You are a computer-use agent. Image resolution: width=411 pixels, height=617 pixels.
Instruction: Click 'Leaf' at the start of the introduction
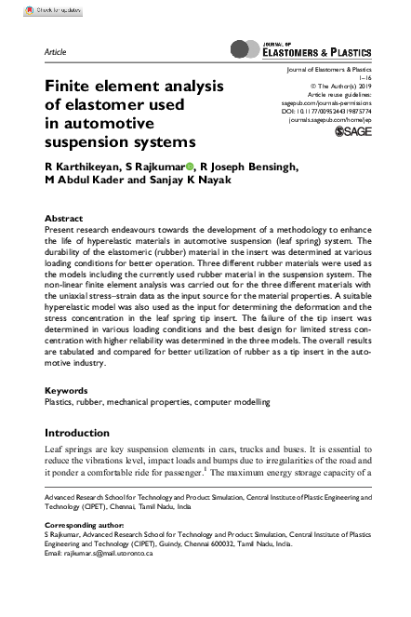tap(56, 450)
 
